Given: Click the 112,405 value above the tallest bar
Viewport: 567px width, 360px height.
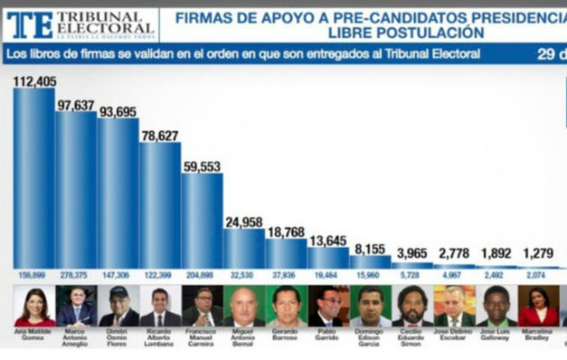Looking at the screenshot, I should pos(34,81).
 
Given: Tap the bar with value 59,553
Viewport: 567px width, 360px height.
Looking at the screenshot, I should pos(202,220).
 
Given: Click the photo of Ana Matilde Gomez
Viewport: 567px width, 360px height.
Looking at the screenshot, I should pos(34,306).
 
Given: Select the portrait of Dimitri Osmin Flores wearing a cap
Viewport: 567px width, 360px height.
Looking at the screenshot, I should pos(118,306).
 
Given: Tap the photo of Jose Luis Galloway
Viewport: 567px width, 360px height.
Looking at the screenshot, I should pos(496,306).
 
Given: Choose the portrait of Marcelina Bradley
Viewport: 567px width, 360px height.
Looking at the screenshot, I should pos(537,306).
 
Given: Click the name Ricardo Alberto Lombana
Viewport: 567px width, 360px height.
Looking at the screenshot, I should pos(160,337).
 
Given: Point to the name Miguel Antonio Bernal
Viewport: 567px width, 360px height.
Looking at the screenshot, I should pos(244,337).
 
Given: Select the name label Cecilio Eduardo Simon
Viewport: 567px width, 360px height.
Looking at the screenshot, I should pos(412,337).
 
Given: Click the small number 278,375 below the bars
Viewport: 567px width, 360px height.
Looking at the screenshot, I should pos(76,274).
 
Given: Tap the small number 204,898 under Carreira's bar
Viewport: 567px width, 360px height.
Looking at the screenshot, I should pos(202,274).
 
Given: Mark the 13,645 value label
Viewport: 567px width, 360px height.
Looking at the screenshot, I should pos(328,240).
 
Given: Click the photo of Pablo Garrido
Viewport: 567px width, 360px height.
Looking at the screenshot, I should pos(328,306).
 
